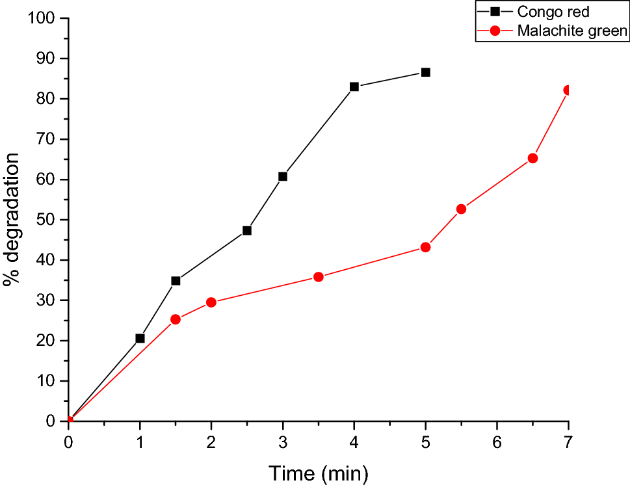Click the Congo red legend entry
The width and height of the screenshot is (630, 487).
pos(553,12)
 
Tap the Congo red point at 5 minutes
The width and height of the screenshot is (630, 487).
pos(425,72)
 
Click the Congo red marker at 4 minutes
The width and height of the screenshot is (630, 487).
pos(354,86)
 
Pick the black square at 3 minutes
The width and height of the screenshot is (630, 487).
pos(283,176)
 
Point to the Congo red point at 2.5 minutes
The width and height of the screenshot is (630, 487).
pos(247,230)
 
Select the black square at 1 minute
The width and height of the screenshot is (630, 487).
pos(140,338)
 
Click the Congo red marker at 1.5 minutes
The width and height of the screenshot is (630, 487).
pos(176,281)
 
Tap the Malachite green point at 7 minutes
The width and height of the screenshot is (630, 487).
pos(568,90)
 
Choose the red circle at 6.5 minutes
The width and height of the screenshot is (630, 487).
pos(532,158)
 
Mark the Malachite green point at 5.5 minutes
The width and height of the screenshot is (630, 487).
pos(461,209)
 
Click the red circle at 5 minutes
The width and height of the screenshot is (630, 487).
pos(425,247)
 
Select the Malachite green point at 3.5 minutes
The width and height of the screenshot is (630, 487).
pos(319,277)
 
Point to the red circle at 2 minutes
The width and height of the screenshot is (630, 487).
pos(211,302)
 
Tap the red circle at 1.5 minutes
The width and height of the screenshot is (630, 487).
pos(176,319)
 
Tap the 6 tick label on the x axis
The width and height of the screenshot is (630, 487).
pos(497,441)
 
